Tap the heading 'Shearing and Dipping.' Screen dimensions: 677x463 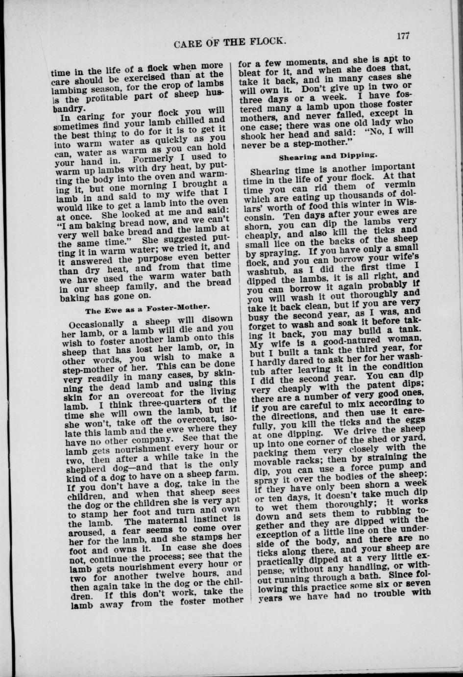pos(328,157)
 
